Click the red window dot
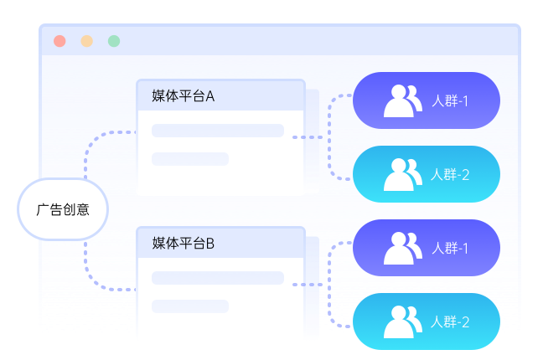59,41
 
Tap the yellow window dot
86,41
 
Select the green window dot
114,41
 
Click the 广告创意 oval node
63,209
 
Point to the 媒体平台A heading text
184,96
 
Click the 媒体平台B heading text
184,244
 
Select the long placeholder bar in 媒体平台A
218,131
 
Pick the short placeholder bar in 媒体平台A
190,159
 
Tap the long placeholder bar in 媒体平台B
218,278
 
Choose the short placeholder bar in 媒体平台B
190,306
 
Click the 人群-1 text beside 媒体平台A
450,101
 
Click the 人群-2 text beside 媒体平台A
450,174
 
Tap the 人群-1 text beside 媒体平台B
450,248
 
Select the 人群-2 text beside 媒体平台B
450,322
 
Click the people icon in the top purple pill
401,101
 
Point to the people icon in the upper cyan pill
401,174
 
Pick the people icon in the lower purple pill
401,248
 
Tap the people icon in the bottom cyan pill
401,322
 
